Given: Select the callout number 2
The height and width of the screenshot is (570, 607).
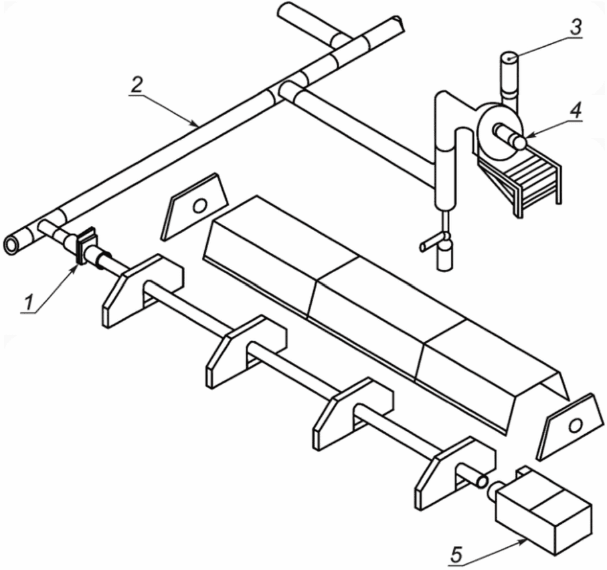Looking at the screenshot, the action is [x=137, y=86].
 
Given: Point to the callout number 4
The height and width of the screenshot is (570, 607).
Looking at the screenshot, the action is [x=576, y=110].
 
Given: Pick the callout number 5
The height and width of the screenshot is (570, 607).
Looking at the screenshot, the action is [x=457, y=555].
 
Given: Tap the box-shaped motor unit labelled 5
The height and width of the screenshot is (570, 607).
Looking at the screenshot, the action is [x=543, y=510].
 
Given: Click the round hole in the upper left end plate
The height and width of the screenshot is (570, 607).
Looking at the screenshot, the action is [x=200, y=205].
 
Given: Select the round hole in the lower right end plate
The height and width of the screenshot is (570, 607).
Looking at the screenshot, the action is [x=576, y=425].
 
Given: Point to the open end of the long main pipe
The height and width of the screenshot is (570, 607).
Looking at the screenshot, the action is [x=11, y=245].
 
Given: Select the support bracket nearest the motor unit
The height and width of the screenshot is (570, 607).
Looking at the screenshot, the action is [x=454, y=472].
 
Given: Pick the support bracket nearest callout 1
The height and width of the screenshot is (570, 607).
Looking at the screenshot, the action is [x=143, y=290].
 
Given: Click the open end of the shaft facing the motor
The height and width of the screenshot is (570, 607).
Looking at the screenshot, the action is [x=482, y=481].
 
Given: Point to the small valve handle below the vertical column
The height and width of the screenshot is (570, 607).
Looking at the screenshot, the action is [x=432, y=243].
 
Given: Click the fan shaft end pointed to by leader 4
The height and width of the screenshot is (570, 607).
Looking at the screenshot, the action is [x=520, y=142].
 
